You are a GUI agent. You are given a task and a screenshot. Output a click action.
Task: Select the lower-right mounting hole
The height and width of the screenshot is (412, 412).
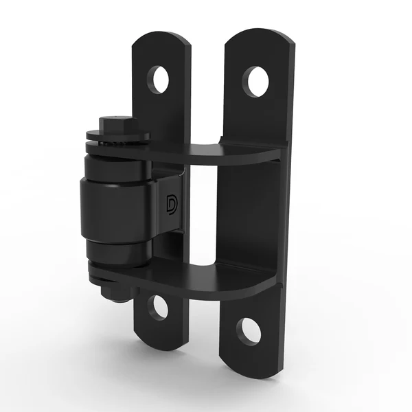tap(249, 332)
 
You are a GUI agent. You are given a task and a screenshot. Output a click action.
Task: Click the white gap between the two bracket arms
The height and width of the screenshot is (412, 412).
tap(203, 213)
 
